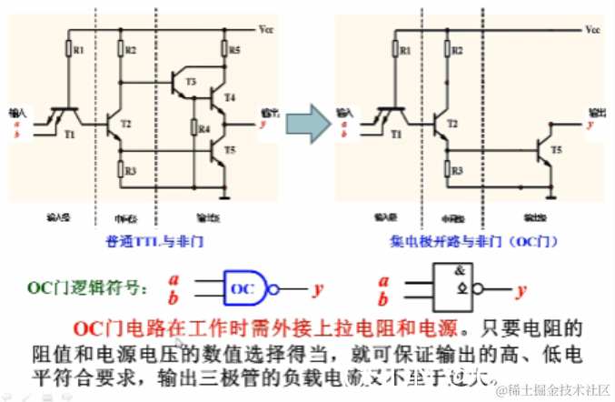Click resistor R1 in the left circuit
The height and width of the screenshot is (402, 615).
68,48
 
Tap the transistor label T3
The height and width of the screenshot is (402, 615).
190,82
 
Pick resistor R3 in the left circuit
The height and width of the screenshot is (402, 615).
121,169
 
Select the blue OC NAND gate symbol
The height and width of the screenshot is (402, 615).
246,289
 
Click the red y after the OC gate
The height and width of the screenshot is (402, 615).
318,289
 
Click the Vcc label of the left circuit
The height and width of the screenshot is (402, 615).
264,30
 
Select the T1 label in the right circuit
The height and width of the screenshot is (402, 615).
395,133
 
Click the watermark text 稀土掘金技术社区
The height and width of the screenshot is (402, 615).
555,389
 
